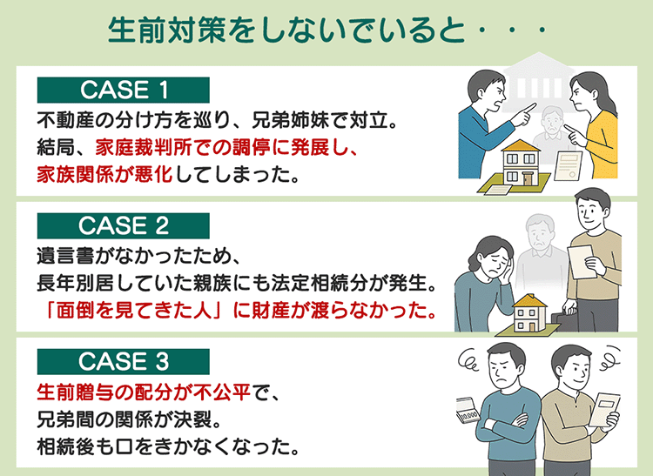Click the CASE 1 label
pos(123,90)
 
